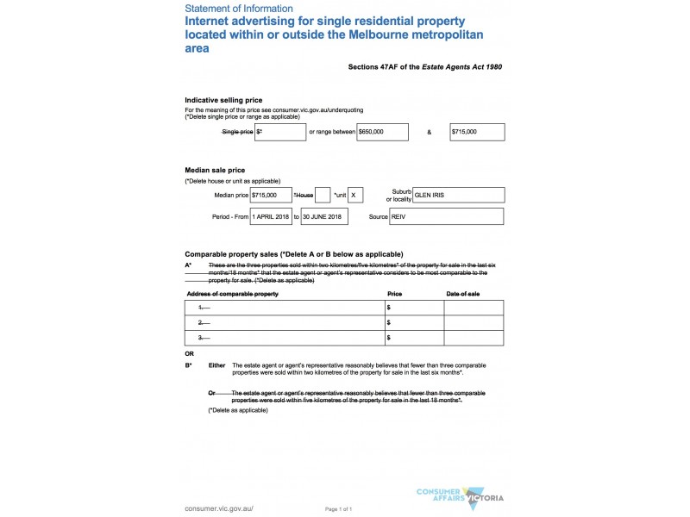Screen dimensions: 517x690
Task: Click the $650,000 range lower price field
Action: coord(381,132)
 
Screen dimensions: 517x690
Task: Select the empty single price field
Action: coord(280,132)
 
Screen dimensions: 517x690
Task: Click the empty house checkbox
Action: coord(323,196)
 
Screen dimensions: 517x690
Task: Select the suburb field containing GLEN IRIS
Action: coord(458,196)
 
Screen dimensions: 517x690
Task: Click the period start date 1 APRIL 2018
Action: coord(271,216)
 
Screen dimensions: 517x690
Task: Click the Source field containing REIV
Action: coord(446,216)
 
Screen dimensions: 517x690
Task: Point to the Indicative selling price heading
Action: coord(223,100)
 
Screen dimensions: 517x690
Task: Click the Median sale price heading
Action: coord(216,170)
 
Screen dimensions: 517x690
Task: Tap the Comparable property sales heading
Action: coord(294,254)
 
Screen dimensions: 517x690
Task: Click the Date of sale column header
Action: coord(463,294)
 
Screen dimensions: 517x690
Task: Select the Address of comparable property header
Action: coord(232,294)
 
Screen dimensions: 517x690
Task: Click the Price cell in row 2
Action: coord(414,322)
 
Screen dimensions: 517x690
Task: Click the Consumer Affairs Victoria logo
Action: coord(460,497)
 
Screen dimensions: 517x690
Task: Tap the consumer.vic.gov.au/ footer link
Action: coord(219,509)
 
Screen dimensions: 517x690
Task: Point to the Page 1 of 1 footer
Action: coord(338,509)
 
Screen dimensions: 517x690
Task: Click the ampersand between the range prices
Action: coord(429,132)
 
